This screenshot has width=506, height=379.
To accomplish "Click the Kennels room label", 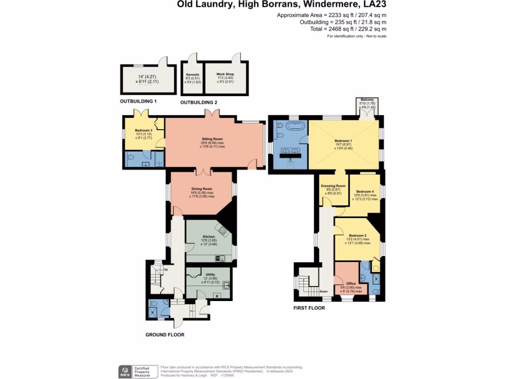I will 192,74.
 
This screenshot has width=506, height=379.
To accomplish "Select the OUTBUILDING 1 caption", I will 138,101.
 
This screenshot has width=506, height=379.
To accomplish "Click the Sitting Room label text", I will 212,140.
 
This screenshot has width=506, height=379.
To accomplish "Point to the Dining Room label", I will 202,189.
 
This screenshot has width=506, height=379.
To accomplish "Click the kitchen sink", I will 220,258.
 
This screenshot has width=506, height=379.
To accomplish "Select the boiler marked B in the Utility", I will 216,296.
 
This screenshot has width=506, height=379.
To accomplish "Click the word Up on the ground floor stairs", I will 166,269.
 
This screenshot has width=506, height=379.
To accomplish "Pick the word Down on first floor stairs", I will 324,291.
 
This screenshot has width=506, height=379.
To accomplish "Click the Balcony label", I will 367,100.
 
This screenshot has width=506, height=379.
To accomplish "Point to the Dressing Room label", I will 333,186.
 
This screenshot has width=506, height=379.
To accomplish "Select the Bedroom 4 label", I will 365,191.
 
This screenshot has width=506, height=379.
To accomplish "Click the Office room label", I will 351,284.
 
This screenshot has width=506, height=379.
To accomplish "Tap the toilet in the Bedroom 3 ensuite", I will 130,158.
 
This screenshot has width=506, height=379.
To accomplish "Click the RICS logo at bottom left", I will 125,371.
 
